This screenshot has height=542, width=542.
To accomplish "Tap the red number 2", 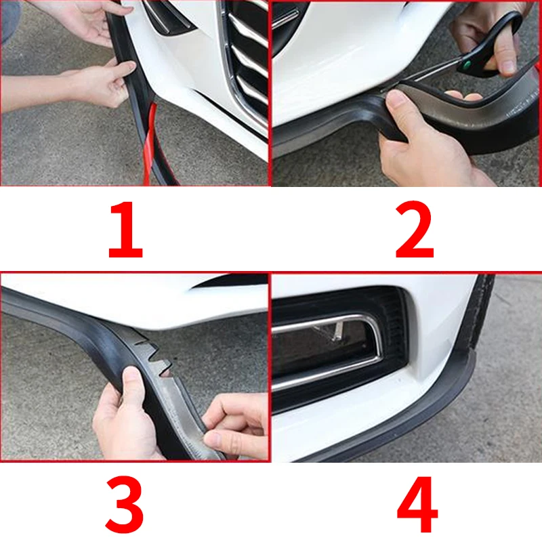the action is point(414,230).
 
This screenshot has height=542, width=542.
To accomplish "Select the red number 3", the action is point(125,504).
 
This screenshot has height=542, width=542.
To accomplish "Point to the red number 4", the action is point(417,504).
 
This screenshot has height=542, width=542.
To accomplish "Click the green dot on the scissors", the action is point(467,64).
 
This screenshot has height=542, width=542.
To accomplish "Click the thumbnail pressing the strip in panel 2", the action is point(395,98).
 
